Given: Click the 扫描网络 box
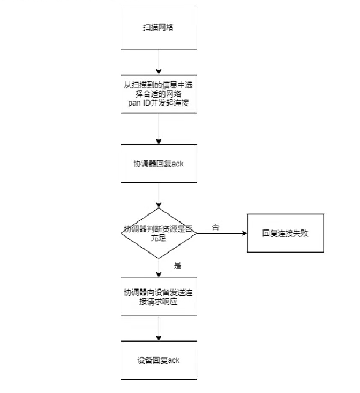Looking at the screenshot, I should [159, 27].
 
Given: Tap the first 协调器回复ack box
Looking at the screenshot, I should [159, 164].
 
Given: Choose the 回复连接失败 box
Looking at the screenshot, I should [285, 233].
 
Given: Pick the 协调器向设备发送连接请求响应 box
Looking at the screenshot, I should [159, 296].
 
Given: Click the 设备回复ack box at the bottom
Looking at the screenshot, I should [159, 360].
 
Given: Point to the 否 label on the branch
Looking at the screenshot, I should [215, 227].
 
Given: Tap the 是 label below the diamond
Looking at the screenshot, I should [177, 265].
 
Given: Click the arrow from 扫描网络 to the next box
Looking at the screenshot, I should [159, 62].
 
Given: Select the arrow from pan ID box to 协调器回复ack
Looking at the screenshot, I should [159, 129].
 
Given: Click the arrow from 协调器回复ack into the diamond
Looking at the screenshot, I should [159, 195].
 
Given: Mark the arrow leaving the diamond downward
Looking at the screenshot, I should [159, 267].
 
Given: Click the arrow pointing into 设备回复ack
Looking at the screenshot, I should [159, 328].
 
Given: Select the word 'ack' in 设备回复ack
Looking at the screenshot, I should [173, 360].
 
